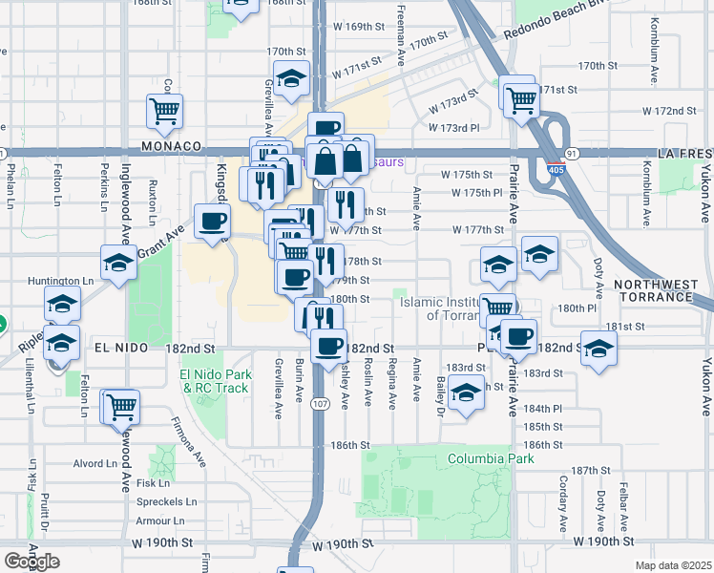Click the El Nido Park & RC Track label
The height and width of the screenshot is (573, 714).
[x=216, y=381]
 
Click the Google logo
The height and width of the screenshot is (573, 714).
[x=31, y=562]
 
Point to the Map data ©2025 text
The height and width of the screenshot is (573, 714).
[x=673, y=565]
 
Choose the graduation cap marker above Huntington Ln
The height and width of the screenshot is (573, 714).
[x=118, y=264]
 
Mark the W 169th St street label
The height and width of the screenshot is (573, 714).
[x=357, y=27]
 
